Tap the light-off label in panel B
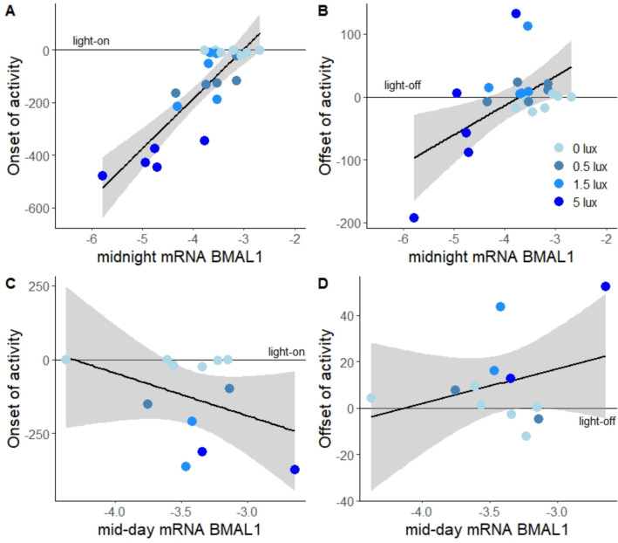[x=404, y=86]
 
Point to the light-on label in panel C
[x=286, y=352]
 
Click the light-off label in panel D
[x=596, y=422]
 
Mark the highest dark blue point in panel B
[x=516, y=14]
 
